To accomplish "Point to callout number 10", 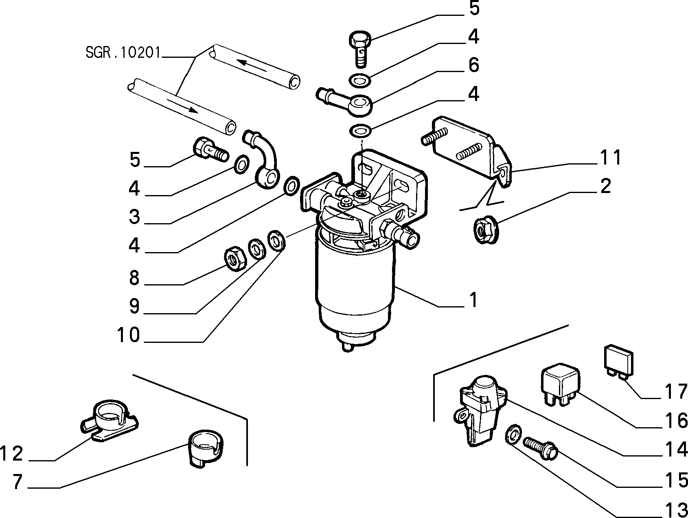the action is tap(128, 335).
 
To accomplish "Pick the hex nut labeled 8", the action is tap(236, 259).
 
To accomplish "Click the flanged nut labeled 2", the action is tap(484, 230).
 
